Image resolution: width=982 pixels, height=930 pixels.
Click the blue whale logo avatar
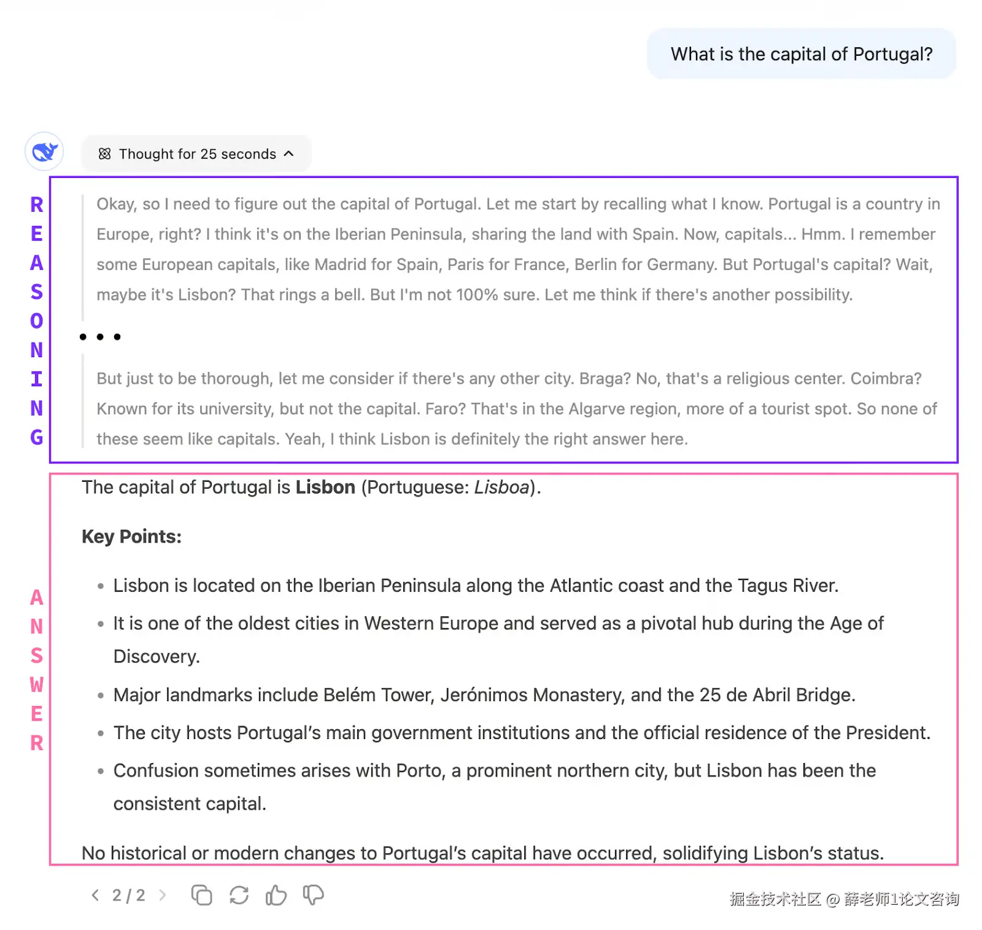click(x=44, y=152)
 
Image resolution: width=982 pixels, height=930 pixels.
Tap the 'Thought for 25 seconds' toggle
click(x=196, y=154)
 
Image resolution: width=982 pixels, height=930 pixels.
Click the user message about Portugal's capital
click(x=801, y=54)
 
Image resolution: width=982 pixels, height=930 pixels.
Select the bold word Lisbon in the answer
click(x=325, y=487)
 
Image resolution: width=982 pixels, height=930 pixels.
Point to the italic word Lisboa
click(x=501, y=487)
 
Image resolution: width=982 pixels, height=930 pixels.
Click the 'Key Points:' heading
click(x=131, y=537)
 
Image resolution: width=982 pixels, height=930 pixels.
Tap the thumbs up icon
click(x=276, y=896)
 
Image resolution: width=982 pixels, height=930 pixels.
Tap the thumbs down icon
click(x=314, y=896)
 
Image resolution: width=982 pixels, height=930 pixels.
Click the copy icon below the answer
click(x=201, y=896)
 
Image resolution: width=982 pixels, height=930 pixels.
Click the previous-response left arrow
click(x=95, y=896)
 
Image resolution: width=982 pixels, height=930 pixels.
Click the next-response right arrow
click(x=163, y=896)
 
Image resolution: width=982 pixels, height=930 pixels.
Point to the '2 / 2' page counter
click(x=128, y=896)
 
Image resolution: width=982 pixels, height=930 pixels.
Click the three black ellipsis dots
click(x=100, y=337)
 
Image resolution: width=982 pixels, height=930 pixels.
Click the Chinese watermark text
click(x=844, y=899)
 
